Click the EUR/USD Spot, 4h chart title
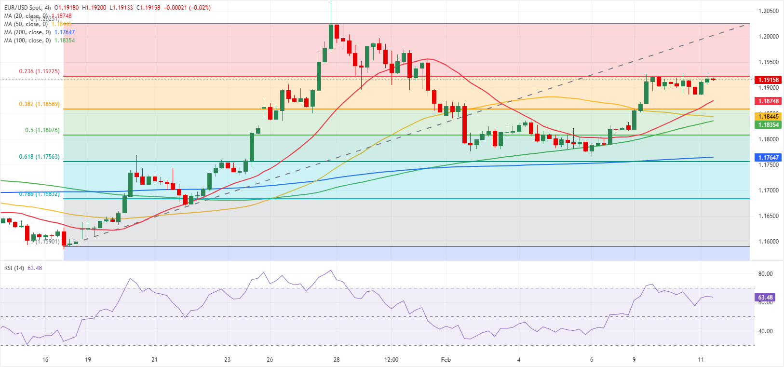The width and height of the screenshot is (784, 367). [x=27, y=8]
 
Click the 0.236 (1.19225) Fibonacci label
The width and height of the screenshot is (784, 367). [x=40, y=71]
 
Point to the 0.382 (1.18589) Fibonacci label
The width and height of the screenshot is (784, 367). [x=40, y=104]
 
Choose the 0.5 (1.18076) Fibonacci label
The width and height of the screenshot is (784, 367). [x=42, y=130]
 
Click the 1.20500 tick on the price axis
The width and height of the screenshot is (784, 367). [x=769, y=11]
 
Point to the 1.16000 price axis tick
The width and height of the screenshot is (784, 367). [x=769, y=242]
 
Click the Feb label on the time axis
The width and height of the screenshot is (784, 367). [x=446, y=360]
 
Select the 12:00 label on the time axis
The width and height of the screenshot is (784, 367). [x=392, y=360]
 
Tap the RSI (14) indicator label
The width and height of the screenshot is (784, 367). [x=14, y=268]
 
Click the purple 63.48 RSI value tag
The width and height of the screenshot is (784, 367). [x=766, y=298]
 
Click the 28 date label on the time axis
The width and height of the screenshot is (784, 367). [x=337, y=360]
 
